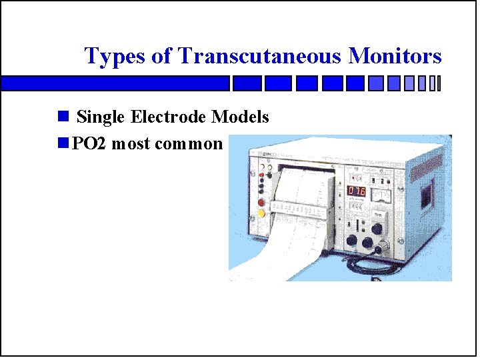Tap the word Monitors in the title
point(395,56)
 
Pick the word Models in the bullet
point(240,117)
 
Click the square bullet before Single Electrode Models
point(63,117)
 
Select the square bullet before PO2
point(63,143)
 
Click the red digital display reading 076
point(356,191)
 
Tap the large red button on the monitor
point(261,201)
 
